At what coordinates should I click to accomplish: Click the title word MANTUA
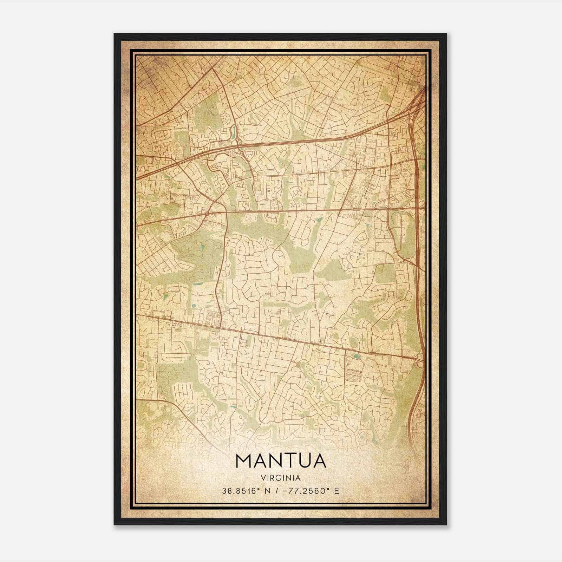281,461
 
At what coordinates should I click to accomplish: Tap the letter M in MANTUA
243,461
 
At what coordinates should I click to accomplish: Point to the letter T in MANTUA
285,461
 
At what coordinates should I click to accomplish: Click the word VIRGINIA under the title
281,478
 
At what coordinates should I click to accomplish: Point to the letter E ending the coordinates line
337,491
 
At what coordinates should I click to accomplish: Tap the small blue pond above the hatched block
357,357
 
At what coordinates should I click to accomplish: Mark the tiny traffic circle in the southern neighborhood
298,365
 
